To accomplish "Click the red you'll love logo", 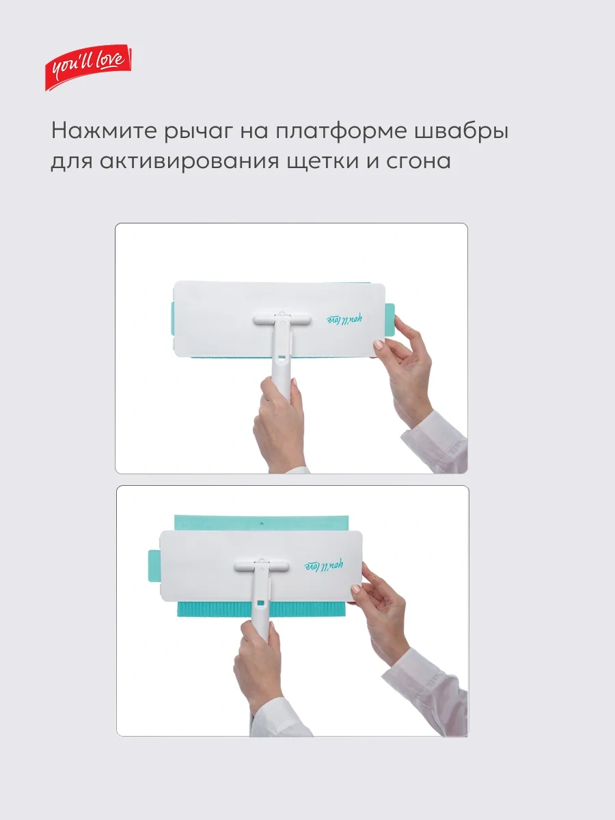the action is pos(88,67).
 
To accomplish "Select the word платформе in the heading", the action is pos(340,131).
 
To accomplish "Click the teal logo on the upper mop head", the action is pos(344,319).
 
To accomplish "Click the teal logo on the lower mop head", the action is pos(324,565).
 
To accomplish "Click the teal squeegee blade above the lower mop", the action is pos(262,523).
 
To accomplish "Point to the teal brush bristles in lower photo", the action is pos(262,608).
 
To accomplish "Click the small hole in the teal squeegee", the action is pos(262,524).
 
